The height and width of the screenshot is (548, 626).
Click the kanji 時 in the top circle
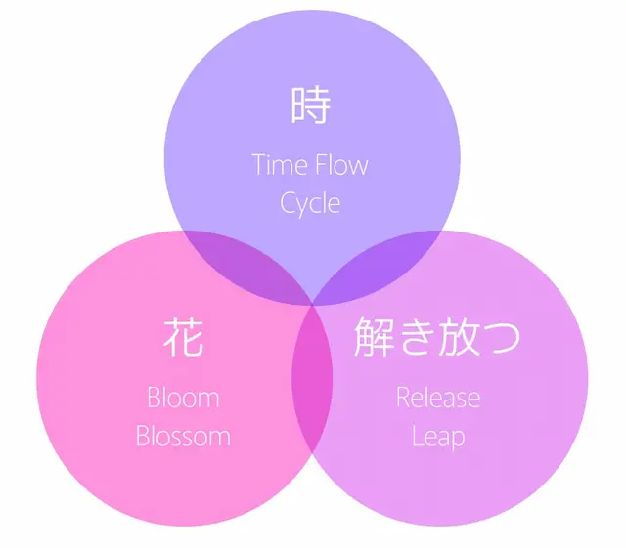pyautogui.click(x=311, y=105)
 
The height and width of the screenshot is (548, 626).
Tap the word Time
pyautogui.click(x=279, y=165)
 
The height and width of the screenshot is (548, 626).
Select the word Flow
pyautogui.click(x=341, y=165)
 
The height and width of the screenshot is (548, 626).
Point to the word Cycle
pyautogui.click(x=310, y=204)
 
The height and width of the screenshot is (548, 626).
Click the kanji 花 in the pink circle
pyautogui.click(x=184, y=337)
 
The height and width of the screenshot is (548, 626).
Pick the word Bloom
pyautogui.click(x=183, y=398)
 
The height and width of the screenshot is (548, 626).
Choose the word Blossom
pyautogui.click(x=183, y=436)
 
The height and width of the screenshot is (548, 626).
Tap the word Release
pyautogui.click(x=438, y=398)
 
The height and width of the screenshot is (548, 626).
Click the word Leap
pyautogui.click(x=438, y=437)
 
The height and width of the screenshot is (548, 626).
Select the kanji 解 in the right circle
pyautogui.click(x=375, y=337)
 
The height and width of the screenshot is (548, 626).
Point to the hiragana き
pyautogui.click(x=417, y=337)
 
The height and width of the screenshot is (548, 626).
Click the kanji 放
pyautogui.click(x=459, y=337)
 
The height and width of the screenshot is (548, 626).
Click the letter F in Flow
pyautogui.click(x=321, y=165)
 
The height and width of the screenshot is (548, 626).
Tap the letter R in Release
pyautogui.click(x=404, y=398)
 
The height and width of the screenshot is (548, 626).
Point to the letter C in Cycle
pyautogui.click(x=288, y=203)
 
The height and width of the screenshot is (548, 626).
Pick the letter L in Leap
pyautogui.click(x=418, y=436)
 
